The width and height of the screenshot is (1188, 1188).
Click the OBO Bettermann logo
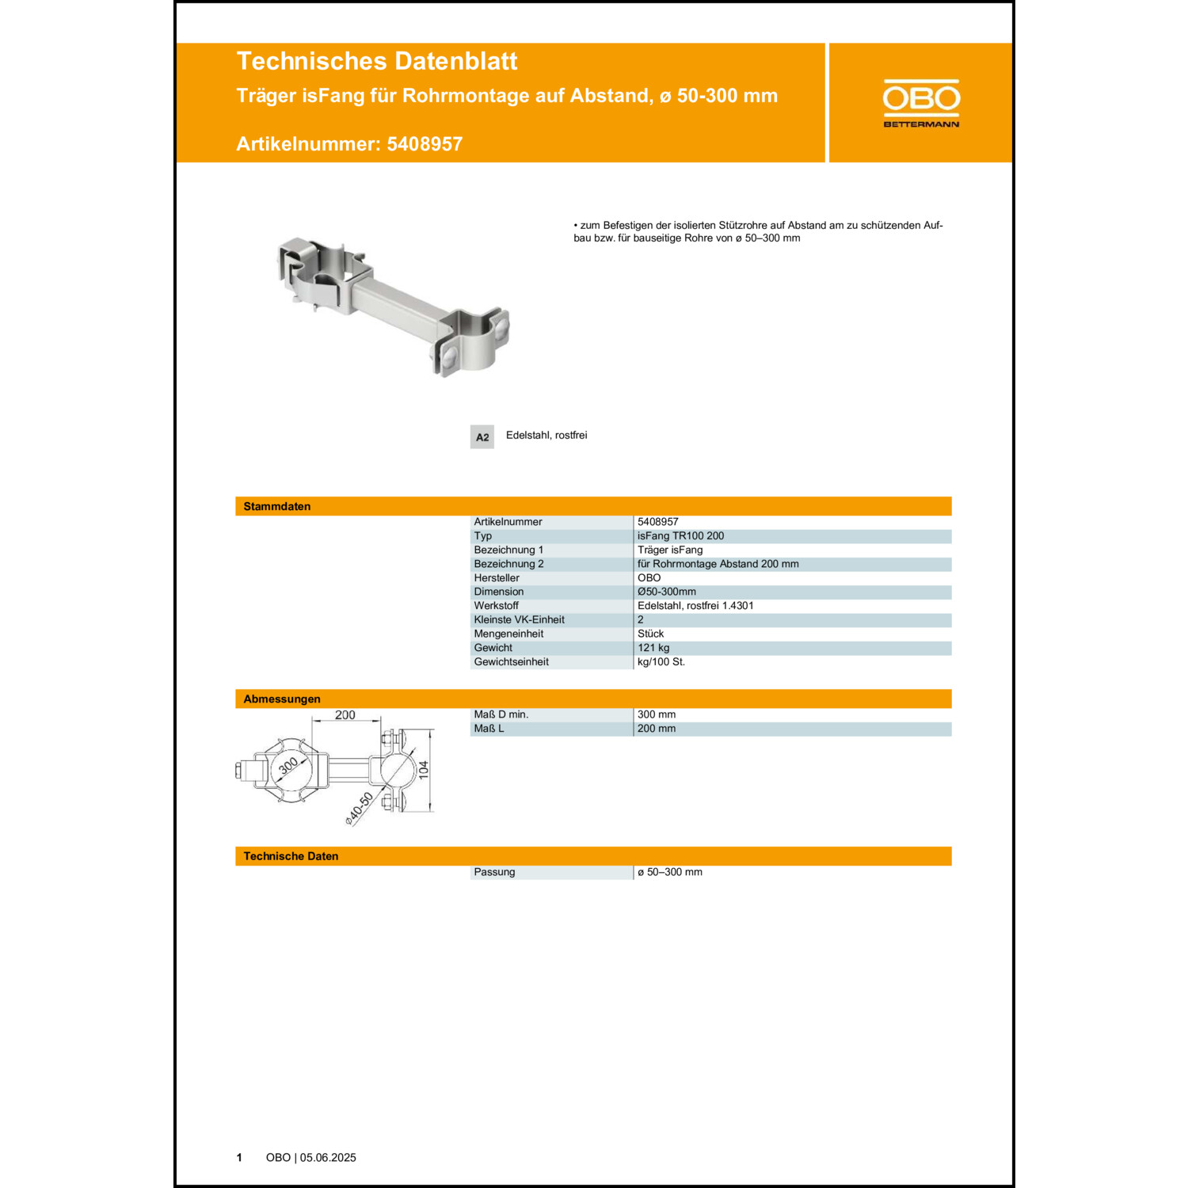[x=921, y=103]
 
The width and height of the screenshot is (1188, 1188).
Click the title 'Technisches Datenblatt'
[x=376, y=61]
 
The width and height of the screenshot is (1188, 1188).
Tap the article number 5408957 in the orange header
[x=425, y=144]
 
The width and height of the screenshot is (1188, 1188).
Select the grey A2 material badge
[x=482, y=437]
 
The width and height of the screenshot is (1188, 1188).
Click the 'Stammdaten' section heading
[x=276, y=506]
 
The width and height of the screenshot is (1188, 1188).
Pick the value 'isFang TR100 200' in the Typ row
[x=680, y=536]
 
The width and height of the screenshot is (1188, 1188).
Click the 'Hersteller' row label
[x=497, y=578]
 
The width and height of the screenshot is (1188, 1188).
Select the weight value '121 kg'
[x=653, y=648]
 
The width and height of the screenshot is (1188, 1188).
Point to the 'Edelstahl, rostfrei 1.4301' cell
[x=695, y=606]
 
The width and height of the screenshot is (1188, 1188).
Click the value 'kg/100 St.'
[x=661, y=662]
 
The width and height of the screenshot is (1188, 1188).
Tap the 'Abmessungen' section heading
[x=282, y=699]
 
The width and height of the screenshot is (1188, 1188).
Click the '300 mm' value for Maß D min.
[x=657, y=714]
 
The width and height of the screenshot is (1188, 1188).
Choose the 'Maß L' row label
[x=489, y=729]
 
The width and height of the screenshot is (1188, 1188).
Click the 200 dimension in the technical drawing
[x=345, y=714]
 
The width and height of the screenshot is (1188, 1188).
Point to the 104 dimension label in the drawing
[x=424, y=769]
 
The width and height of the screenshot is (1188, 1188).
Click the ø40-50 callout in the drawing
[x=359, y=809]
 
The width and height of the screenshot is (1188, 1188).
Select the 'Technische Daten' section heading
[x=291, y=856]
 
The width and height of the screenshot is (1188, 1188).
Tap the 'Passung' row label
[x=494, y=872]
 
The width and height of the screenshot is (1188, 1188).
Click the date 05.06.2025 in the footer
[x=328, y=1158]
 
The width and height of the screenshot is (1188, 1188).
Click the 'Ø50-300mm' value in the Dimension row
[x=667, y=592]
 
